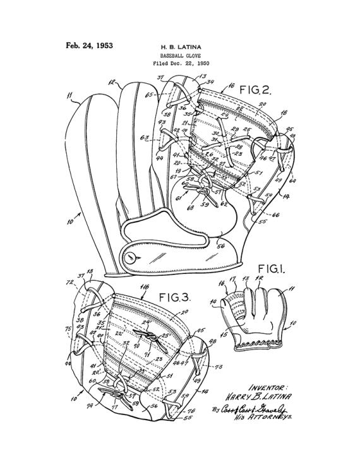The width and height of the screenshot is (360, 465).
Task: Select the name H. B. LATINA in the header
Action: point(180,47)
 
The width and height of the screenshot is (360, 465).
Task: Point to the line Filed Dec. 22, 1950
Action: point(181,64)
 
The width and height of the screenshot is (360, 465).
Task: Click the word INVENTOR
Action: point(268,388)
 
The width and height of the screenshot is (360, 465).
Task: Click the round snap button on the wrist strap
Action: point(131,257)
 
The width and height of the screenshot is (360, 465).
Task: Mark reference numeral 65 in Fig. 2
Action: point(149,95)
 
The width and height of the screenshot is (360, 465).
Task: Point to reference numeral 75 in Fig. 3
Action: point(68,329)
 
